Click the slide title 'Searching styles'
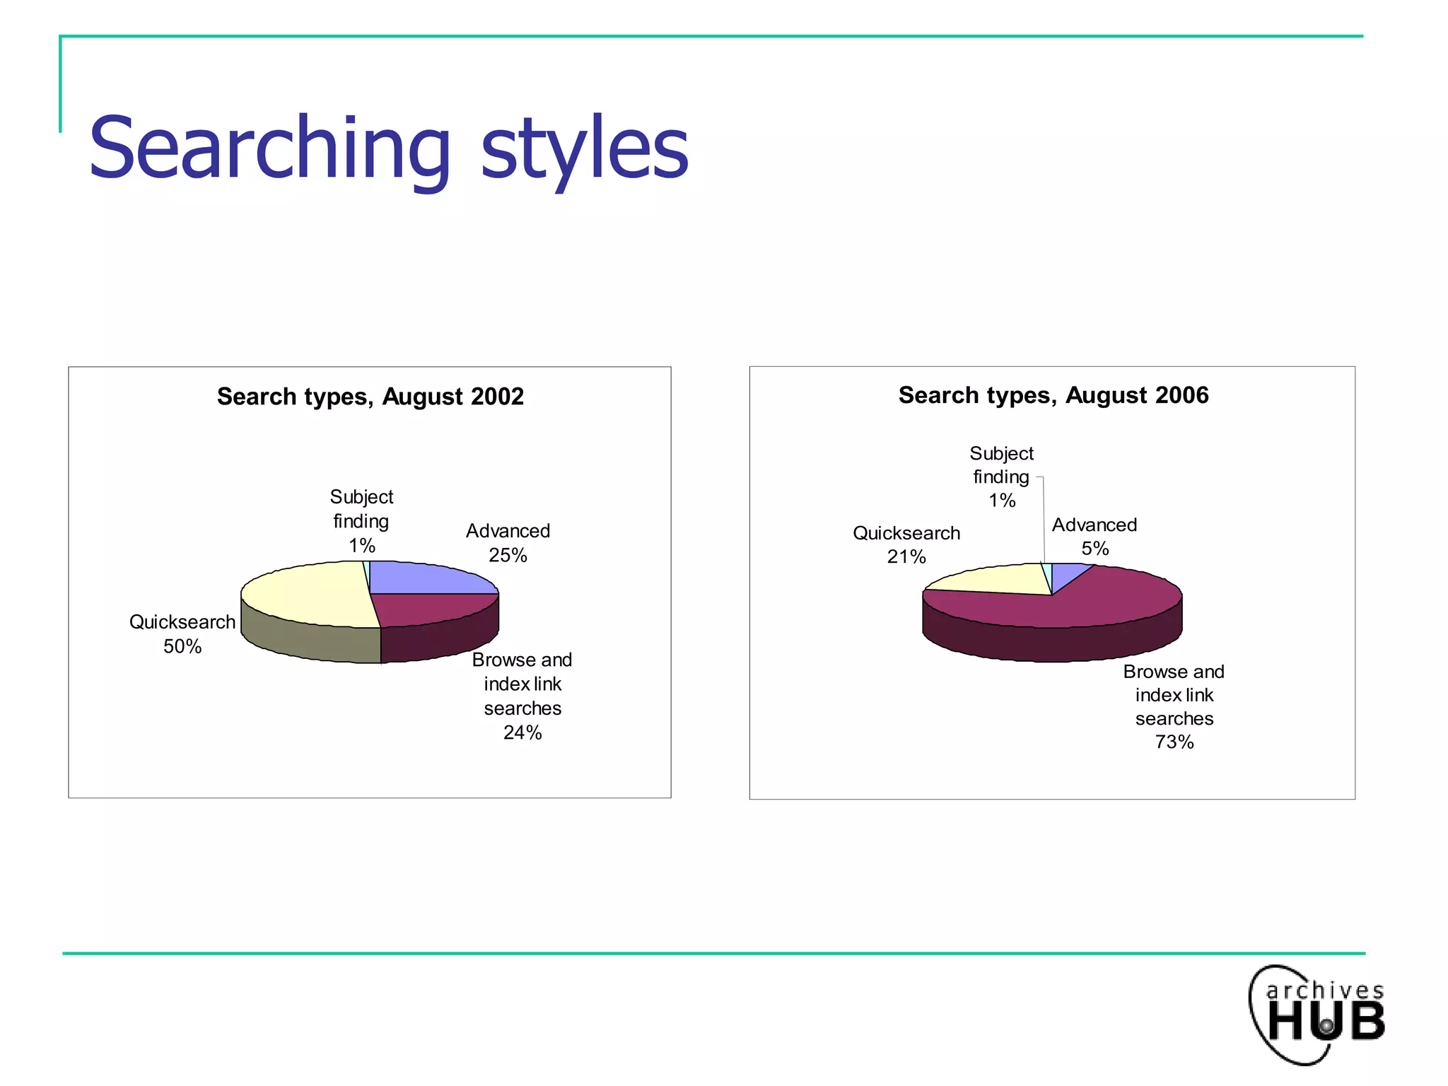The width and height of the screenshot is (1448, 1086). pyautogui.click(x=388, y=148)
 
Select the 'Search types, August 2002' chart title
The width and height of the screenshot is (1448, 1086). pyautogui.click(x=370, y=397)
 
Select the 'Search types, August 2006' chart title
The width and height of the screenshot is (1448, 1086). pyautogui.click(x=1053, y=395)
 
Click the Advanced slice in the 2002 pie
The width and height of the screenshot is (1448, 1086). pyautogui.click(x=424, y=578)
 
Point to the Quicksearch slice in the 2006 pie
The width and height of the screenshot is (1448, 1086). pyautogui.click(x=997, y=580)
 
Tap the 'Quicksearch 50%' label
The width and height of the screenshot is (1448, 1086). pyautogui.click(x=182, y=634)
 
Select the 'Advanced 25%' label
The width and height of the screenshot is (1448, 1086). pyautogui.click(x=508, y=543)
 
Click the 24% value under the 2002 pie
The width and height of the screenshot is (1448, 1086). pyautogui.click(x=522, y=733)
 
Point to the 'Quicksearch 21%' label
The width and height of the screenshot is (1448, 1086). pyautogui.click(x=906, y=544)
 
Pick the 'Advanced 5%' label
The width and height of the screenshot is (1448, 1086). pyautogui.click(x=1094, y=537)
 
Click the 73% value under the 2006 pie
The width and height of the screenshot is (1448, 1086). pyautogui.click(x=1174, y=742)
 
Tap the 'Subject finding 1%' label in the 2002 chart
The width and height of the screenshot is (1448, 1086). pyautogui.click(x=361, y=521)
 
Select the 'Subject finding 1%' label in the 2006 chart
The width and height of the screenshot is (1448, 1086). pyautogui.click(x=1001, y=477)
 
